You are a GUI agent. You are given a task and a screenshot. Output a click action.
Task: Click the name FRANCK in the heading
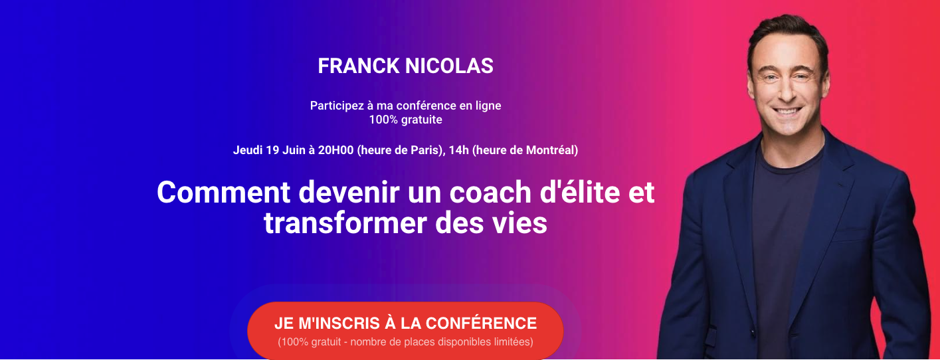click(x=358, y=66)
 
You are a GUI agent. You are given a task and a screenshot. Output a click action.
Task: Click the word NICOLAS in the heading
click(x=449, y=66)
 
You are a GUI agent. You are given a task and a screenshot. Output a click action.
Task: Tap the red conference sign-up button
click(x=405, y=331)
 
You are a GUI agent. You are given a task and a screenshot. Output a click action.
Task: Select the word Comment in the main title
click(x=223, y=193)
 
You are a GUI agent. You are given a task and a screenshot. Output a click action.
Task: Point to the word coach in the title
click(x=490, y=193)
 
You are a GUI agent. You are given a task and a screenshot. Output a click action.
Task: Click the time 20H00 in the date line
click(x=335, y=150)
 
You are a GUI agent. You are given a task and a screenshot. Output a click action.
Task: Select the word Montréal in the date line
click(x=550, y=150)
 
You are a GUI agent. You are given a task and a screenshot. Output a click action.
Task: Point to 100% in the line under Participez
click(x=383, y=120)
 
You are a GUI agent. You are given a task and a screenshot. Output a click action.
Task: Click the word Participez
click(x=337, y=106)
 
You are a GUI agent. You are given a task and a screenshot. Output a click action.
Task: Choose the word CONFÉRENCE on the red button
click(x=482, y=323)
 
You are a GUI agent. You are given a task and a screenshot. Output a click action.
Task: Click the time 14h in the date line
click(x=458, y=150)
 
